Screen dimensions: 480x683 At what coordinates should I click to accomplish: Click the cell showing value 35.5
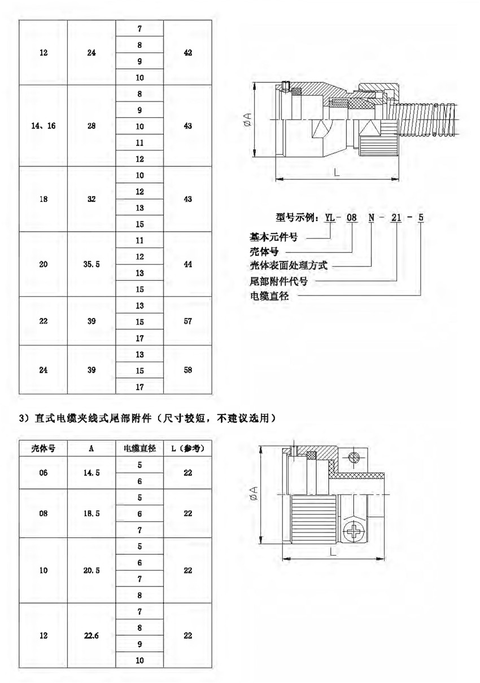(x=91, y=264)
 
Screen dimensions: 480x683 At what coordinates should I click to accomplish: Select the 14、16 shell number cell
(x=43, y=126)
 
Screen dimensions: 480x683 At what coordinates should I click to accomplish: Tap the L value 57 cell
(x=188, y=321)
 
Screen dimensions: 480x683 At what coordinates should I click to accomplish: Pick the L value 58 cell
(x=188, y=370)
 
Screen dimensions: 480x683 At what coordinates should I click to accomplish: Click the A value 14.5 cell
(x=91, y=473)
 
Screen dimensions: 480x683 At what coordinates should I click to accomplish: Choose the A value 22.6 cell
(x=91, y=636)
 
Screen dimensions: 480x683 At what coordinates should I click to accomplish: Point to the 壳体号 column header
(x=43, y=448)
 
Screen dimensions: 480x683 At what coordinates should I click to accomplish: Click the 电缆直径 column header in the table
(x=139, y=448)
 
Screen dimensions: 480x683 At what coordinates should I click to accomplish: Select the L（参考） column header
(x=188, y=448)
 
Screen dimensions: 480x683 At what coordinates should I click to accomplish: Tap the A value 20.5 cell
(x=91, y=570)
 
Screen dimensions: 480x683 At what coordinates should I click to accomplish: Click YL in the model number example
(x=329, y=218)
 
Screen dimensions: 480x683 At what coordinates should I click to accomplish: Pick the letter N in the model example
(x=372, y=218)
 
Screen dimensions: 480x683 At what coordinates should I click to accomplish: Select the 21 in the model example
(x=396, y=218)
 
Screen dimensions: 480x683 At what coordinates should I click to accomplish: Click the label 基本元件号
(x=273, y=237)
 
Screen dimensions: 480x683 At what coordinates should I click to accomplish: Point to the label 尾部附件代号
(x=278, y=281)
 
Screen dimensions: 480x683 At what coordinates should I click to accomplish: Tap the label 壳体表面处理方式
(x=289, y=266)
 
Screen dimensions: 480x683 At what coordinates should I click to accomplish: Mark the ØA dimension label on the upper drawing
(x=248, y=119)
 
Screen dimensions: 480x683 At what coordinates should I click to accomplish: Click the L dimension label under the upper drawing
(x=337, y=173)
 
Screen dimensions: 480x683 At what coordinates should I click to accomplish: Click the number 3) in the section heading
(x=24, y=418)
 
